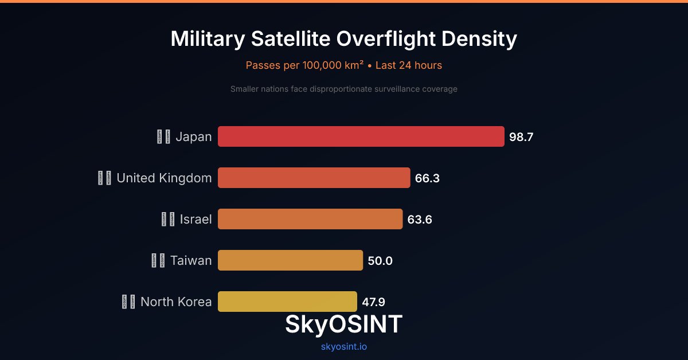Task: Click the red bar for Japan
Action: click(361, 136)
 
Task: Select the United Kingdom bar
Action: click(314, 178)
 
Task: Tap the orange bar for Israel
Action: click(310, 219)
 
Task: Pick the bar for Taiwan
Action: click(291, 260)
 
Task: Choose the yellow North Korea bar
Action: click(287, 300)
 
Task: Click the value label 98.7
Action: click(521, 137)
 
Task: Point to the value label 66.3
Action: click(427, 178)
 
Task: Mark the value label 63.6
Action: click(420, 220)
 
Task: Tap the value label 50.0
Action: click(380, 261)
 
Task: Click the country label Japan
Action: click(193, 137)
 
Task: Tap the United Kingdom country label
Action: click(164, 178)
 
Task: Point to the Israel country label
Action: click(196, 220)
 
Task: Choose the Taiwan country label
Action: click(191, 261)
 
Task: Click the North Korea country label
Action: click(176, 302)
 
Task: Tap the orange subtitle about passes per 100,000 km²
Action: click(344, 65)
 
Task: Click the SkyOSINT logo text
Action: click(344, 324)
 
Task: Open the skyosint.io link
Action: click(344, 346)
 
